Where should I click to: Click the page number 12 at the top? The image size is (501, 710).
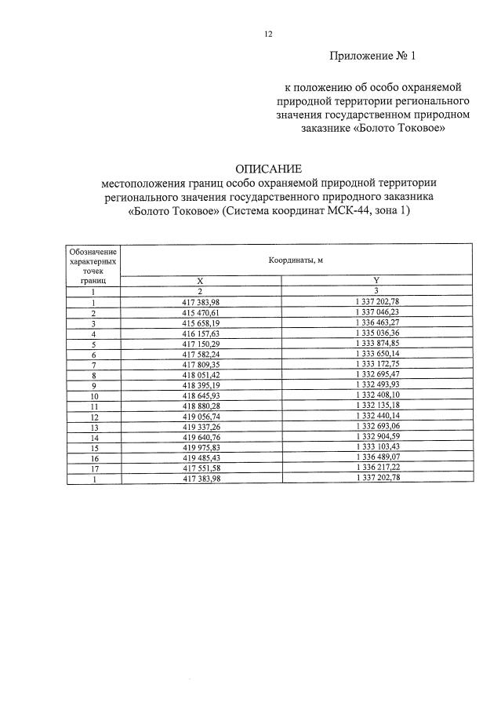click(268, 35)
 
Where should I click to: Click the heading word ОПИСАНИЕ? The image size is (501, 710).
click(268, 169)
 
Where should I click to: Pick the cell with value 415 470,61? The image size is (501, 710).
click(200, 312)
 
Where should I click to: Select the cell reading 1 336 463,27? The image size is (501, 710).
click(376, 322)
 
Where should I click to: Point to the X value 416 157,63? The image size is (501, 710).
click(200, 333)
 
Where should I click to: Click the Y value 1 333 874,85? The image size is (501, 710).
click(376, 344)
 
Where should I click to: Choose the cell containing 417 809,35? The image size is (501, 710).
click(200, 364)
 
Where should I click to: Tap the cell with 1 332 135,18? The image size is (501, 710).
click(376, 406)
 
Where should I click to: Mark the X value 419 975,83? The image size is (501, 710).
click(200, 447)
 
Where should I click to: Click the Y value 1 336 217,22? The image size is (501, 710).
click(376, 468)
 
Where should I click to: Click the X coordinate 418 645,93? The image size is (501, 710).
click(200, 395)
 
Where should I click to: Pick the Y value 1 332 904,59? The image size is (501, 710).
click(376, 437)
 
